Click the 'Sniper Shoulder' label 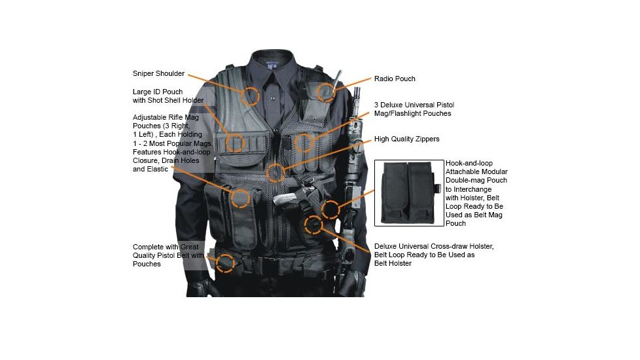coord(158,73)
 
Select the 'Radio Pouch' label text coord(395,79)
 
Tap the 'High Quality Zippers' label coord(406,139)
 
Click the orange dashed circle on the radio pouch coord(325,92)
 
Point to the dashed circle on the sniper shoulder coord(249,96)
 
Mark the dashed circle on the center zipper coord(276,173)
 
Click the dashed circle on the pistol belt coord(225,263)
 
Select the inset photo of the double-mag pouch coord(408,192)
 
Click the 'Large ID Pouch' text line coord(158,91)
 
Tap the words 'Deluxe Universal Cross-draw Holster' coord(434,246)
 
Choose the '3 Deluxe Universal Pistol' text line coord(414,105)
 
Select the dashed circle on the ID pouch coord(234,143)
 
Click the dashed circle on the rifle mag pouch coord(241,198)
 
